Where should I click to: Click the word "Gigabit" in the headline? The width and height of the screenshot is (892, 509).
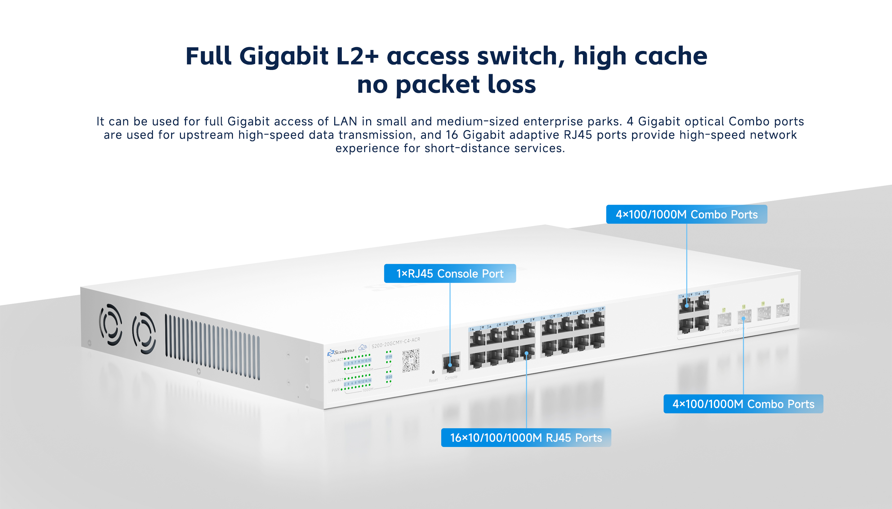point(284,57)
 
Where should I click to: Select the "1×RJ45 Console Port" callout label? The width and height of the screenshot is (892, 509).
point(450,273)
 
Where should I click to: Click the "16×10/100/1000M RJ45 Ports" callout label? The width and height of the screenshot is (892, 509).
point(526,438)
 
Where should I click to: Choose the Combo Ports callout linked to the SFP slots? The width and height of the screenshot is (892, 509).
point(743,404)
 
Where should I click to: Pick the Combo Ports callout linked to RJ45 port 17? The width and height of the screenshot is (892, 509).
point(687,214)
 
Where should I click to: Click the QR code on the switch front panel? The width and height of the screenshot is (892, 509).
point(411,360)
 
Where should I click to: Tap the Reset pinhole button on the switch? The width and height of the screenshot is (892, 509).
point(433,372)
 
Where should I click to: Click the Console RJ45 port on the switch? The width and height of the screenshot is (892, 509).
point(451,364)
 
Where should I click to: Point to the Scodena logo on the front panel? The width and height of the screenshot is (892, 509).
point(341,352)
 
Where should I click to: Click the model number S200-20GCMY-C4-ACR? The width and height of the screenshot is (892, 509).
point(396,343)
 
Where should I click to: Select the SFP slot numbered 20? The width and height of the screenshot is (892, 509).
point(783,310)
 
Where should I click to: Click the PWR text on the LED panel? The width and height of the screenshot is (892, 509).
point(335,390)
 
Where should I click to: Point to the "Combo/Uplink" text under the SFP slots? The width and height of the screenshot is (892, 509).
point(732,330)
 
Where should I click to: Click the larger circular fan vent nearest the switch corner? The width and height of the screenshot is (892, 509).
point(111,324)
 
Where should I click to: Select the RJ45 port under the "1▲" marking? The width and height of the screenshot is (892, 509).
point(477,339)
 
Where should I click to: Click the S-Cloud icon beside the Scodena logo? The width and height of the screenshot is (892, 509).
point(363,347)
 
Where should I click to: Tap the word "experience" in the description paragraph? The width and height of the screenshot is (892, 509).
point(367,149)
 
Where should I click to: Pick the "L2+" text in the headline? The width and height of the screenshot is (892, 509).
point(357,57)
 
